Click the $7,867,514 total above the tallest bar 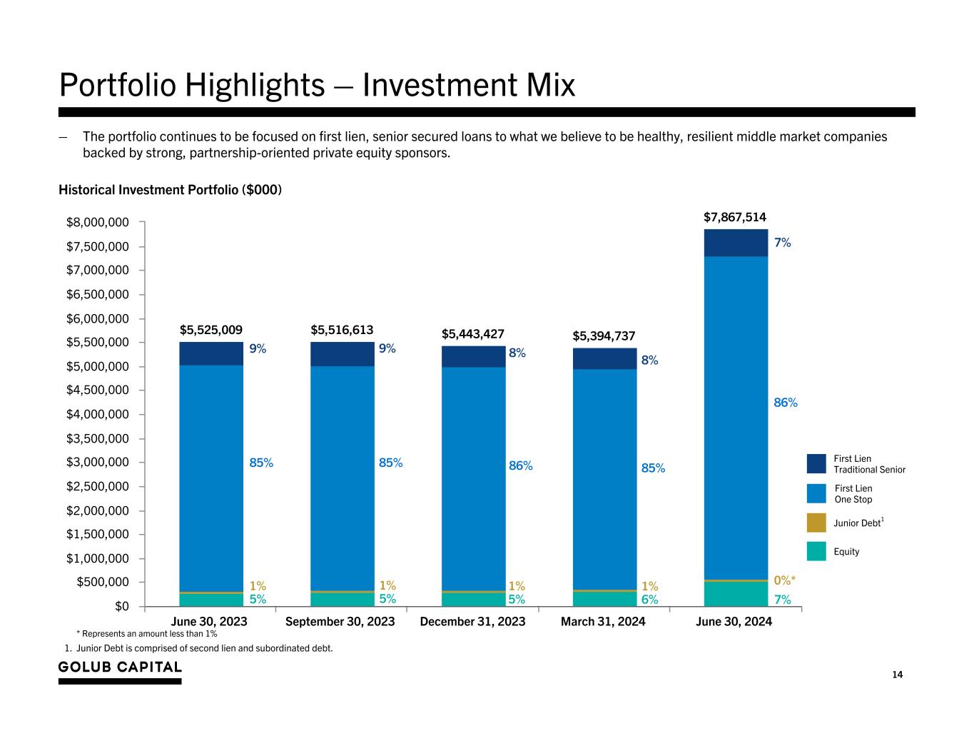pos(735,216)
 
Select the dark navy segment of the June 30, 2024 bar pos(736,243)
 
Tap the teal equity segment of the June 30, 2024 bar pos(736,594)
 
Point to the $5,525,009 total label pos(210,330)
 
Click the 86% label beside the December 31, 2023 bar pos(520,465)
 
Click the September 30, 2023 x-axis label pos(340,622)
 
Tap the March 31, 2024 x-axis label pos(603,622)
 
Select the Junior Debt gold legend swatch pos(816,523)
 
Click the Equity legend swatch pos(816,551)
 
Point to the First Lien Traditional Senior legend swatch pos(816,463)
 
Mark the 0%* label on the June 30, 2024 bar pos(785,580)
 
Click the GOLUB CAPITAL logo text pos(120,667)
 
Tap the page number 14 pos(897,675)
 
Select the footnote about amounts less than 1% pos(146,634)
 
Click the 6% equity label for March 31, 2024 pos(649,600)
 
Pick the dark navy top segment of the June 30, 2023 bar pos(210,353)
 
